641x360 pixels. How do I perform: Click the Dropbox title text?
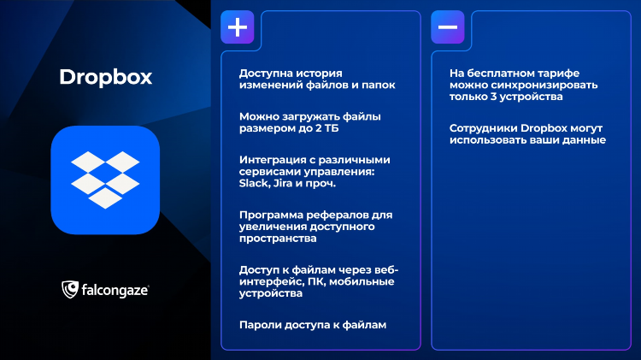click(x=105, y=77)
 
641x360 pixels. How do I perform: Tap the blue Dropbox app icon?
click(x=105, y=180)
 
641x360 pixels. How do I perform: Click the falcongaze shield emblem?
click(x=70, y=289)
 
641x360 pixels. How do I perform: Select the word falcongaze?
click(x=115, y=291)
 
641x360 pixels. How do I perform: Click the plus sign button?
click(x=238, y=27)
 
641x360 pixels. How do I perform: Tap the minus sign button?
click(x=448, y=27)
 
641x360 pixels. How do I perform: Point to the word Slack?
click(x=253, y=183)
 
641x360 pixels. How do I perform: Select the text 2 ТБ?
click(x=326, y=128)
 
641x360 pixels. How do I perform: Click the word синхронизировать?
click(x=544, y=86)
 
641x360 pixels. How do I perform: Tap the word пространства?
click(x=278, y=239)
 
